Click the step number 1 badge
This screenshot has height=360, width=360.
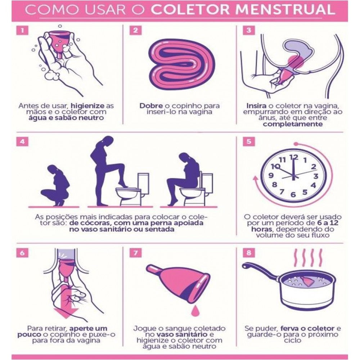pos(22,30)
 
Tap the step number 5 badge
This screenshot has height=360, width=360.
pos(248,141)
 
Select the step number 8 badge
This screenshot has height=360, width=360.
pos(248,253)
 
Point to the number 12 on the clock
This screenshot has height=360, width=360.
pos(293,157)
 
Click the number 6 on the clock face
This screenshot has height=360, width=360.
pos(293,195)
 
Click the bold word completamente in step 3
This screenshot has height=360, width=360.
pos(292,124)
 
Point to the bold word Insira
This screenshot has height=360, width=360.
pos(257,106)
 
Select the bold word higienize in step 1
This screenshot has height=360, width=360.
pos(88,106)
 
